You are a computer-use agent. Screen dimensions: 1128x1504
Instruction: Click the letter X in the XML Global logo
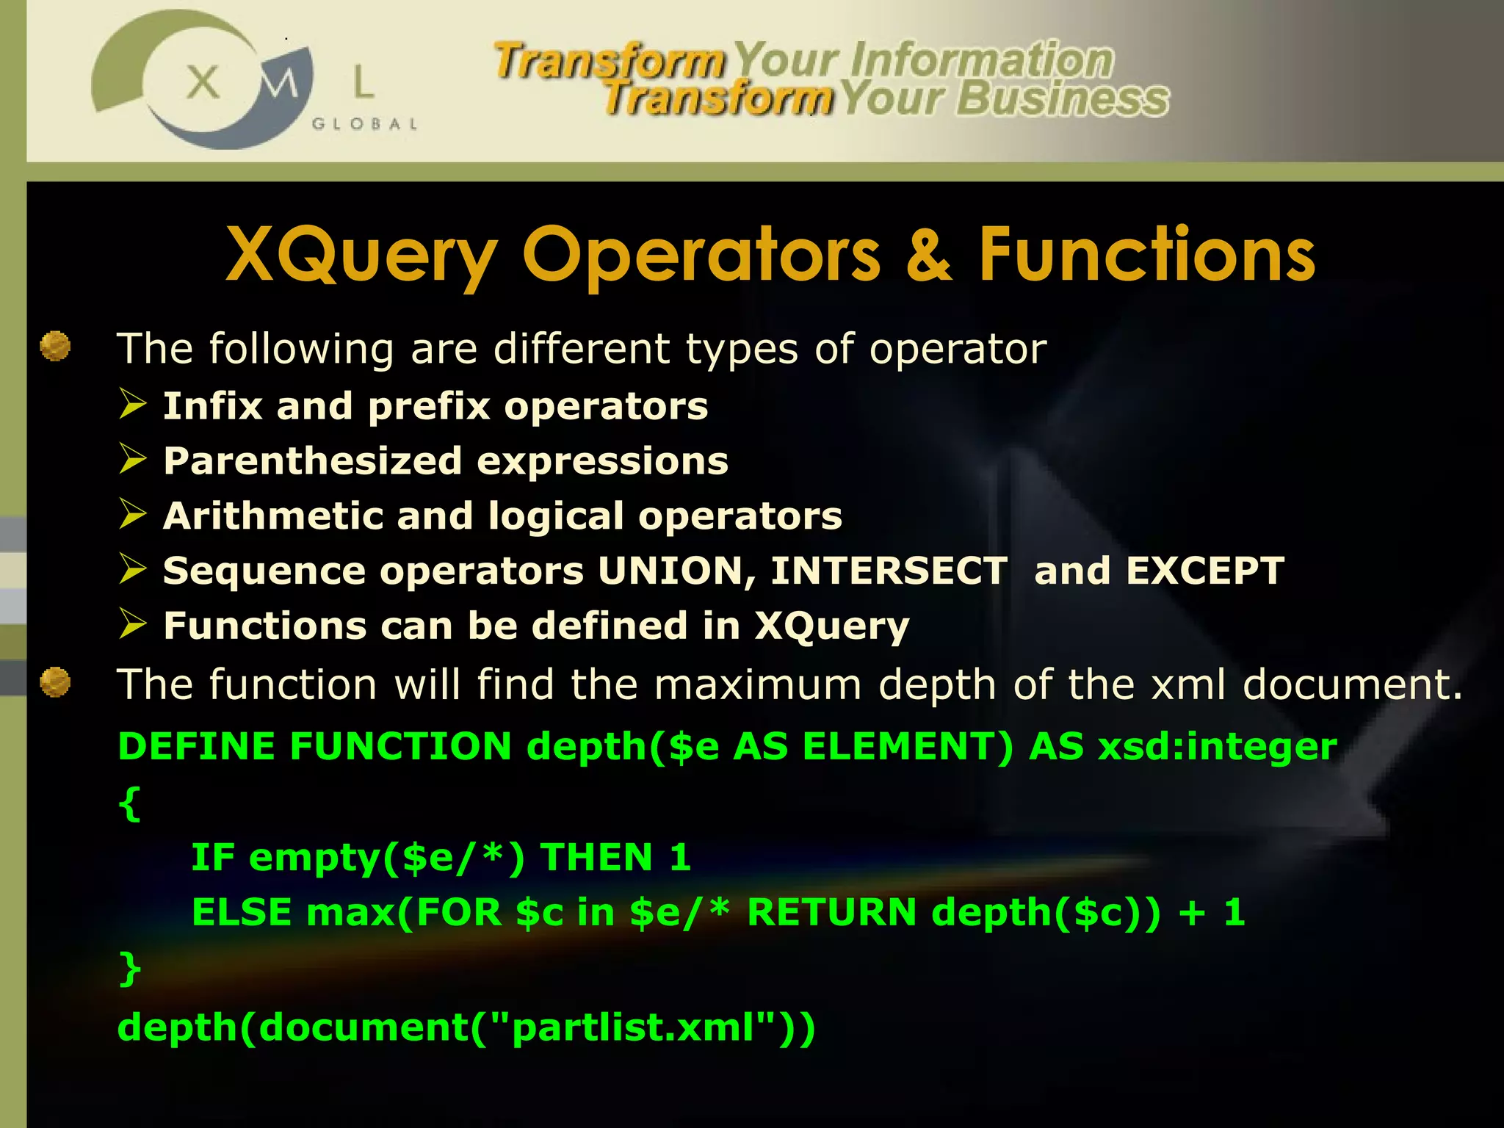pos(203,82)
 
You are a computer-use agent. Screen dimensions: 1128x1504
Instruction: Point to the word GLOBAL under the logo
pos(365,124)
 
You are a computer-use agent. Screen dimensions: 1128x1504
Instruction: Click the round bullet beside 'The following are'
pos(55,347)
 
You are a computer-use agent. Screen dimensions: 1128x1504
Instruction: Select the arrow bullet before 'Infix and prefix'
pos(134,405)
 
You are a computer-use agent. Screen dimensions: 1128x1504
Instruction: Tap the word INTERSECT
pos(889,571)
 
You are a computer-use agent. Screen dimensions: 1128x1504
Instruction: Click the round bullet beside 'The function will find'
pos(55,682)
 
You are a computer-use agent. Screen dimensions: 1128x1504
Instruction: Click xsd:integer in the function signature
pos(1217,746)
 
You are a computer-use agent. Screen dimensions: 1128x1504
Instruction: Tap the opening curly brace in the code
pos(129,803)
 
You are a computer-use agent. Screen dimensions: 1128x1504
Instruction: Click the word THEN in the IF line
pos(596,857)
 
